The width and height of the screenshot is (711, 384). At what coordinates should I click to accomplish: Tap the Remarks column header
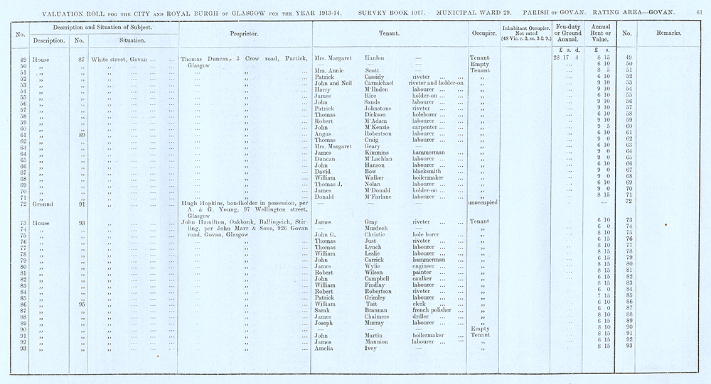(x=665, y=33)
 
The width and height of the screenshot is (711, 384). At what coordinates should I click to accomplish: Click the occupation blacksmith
(x=426, y=172)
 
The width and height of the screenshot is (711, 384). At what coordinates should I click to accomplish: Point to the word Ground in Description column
(x=43, y=203)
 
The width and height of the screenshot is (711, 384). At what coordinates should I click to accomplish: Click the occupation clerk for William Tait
(x=419, y=305)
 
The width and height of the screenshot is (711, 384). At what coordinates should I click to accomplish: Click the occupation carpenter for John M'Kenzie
(x=427, y=128)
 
